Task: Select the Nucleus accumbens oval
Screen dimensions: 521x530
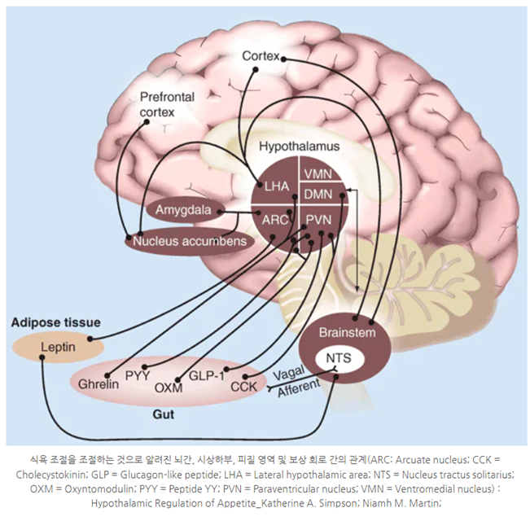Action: point(189,241)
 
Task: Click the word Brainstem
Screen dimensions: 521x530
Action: point(347,333)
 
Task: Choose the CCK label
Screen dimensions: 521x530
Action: point(243,386)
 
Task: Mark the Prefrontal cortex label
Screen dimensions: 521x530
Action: point(167,103)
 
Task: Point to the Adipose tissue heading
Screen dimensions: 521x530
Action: point(56,322)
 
